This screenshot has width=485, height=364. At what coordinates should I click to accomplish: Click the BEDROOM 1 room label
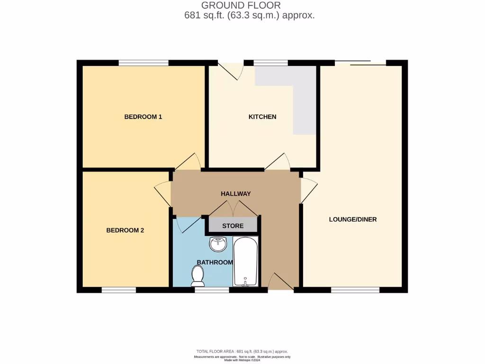click(143, 117)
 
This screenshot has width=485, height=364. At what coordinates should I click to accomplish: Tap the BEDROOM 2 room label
click(125, 230)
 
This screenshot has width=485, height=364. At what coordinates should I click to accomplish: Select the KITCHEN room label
click(262, 117)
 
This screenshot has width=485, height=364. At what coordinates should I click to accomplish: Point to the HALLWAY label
click(235, 193)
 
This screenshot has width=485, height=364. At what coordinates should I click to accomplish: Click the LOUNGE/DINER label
click(353, 219)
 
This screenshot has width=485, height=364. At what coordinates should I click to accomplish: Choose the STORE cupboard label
click(233, 226)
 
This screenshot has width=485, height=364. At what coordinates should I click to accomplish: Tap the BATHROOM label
click(215, 262)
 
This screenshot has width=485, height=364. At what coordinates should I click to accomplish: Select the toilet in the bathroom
click(197, 274)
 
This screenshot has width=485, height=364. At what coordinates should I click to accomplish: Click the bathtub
click(245, 262)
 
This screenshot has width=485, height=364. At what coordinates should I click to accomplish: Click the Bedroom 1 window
click(144, 63)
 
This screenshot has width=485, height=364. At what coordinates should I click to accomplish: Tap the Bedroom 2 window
click(119, 290)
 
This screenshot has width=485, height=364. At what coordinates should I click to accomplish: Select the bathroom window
click(212, 290)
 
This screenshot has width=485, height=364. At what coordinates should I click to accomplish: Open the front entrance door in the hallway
click(280, 282)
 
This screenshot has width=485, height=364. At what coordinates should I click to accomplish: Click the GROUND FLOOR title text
click(241, 5)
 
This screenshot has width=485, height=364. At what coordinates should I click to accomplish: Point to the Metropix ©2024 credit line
click(243, 360)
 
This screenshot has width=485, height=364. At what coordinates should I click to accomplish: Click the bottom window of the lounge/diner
click(355, 290)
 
